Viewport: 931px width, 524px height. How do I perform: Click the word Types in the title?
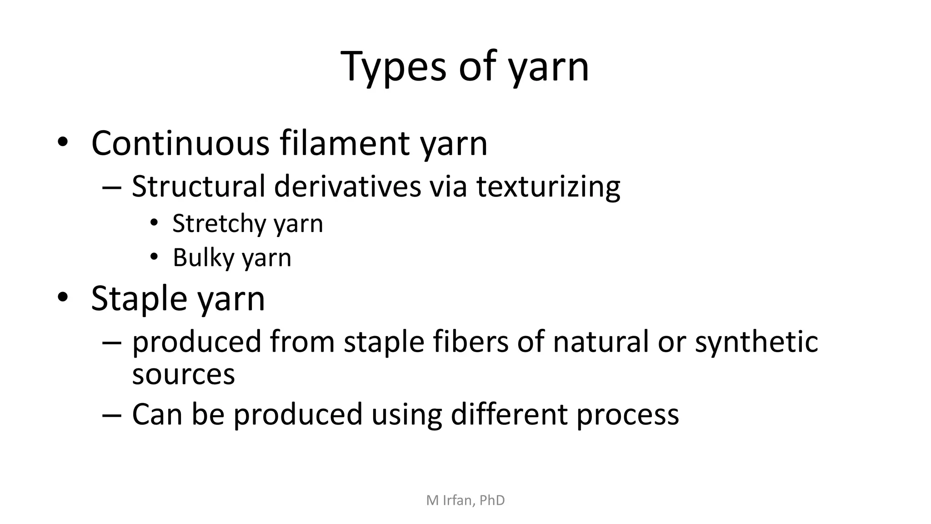(x=393, y=67)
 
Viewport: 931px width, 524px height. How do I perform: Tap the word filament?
(x=345, y=143)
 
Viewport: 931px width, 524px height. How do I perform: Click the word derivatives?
(x=347, y=186)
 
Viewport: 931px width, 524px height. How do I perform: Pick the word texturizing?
(x=548, y=187)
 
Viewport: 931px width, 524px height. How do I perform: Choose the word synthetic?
(x=756, y=343)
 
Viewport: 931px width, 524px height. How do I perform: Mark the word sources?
(x=183, y=375)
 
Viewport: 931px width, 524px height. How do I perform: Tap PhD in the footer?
(x=492, y=500)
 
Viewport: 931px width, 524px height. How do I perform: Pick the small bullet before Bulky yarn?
(x=154, y=257)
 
